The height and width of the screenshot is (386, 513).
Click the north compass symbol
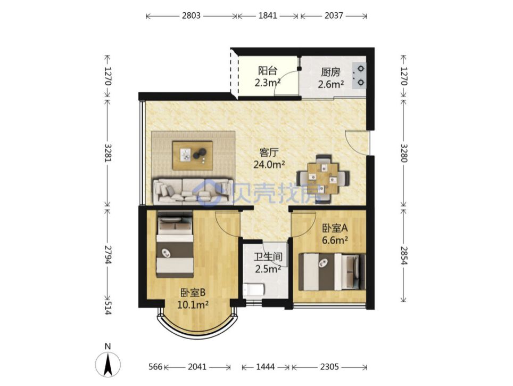pos(107,364)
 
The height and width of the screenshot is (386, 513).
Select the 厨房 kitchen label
pos(330,73)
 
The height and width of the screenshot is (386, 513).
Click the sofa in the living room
pos(193,192)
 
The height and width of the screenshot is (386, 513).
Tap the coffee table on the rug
pos(193,155)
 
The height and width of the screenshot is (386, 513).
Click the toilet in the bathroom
pos(253,290)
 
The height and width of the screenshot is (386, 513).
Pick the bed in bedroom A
pos(332,272)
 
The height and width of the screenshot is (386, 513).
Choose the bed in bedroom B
pos(175,244)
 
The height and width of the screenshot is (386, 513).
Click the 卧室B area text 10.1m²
pos(193,305)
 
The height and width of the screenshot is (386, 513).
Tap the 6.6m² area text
pos(335,240)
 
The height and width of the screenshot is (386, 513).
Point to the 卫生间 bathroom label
pos(268,256)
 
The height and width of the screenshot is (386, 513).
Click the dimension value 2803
pos(191,15)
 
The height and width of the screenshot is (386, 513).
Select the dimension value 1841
pos(268,15)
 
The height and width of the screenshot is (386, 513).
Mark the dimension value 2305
pos(329,367)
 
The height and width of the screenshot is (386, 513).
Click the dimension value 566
pos(155,367)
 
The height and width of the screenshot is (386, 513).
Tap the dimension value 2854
pos(404,255)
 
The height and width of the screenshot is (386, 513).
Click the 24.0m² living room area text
pos(269,165)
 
